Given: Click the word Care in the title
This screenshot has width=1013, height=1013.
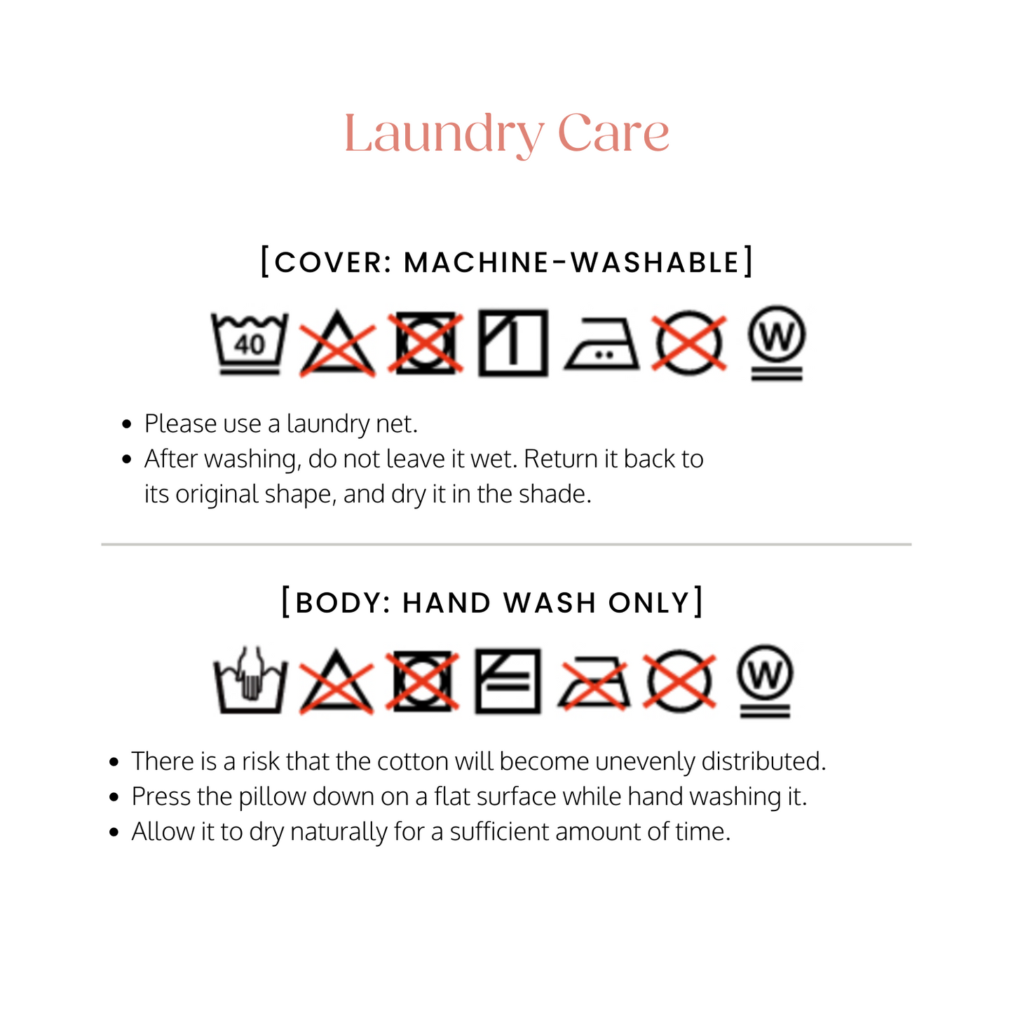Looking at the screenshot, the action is click(613, 134).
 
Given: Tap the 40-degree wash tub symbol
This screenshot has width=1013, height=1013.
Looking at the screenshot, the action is click(250, 344).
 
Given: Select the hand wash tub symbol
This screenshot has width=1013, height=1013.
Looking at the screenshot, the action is click(250, 680).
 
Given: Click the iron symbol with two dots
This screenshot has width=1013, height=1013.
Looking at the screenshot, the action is click(602, 344).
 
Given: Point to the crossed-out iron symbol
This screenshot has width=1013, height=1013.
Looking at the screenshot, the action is click(594, 682).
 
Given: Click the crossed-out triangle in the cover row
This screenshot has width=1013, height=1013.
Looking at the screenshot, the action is click(337, 344).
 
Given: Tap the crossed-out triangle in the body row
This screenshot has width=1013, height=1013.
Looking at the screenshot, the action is click(336, 682).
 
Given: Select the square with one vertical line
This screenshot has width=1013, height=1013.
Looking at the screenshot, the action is click(513, 343).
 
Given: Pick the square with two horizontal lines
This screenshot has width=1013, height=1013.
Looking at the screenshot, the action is click(508, 681).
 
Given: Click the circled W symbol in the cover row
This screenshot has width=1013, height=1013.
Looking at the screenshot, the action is click(777, 343).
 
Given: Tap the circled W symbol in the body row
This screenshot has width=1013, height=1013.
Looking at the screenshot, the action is click(766, 681).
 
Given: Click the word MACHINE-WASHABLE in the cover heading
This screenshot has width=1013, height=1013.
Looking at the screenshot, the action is click(572, 262).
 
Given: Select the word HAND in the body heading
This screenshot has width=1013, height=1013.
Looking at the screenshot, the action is click(447, 602).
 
